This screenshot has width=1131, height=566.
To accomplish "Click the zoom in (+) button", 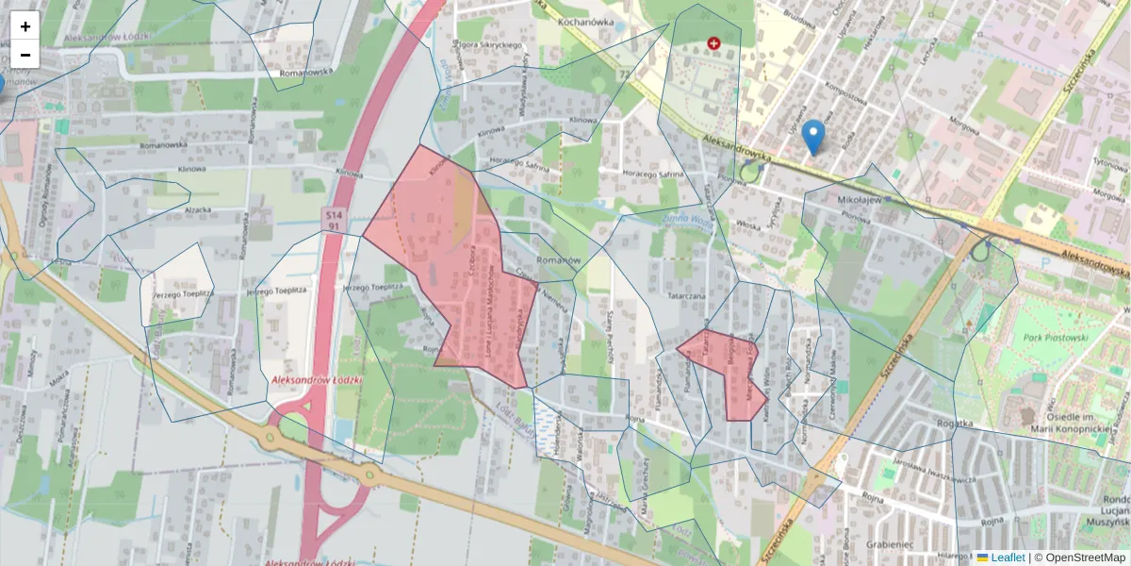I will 25,26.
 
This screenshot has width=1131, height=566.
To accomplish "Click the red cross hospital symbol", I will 713,43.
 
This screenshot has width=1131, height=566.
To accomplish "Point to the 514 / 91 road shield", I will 334,221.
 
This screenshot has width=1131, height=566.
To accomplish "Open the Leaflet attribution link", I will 1007,558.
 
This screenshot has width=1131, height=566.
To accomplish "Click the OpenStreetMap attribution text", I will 1086,558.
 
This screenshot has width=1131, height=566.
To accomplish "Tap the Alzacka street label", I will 198,210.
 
